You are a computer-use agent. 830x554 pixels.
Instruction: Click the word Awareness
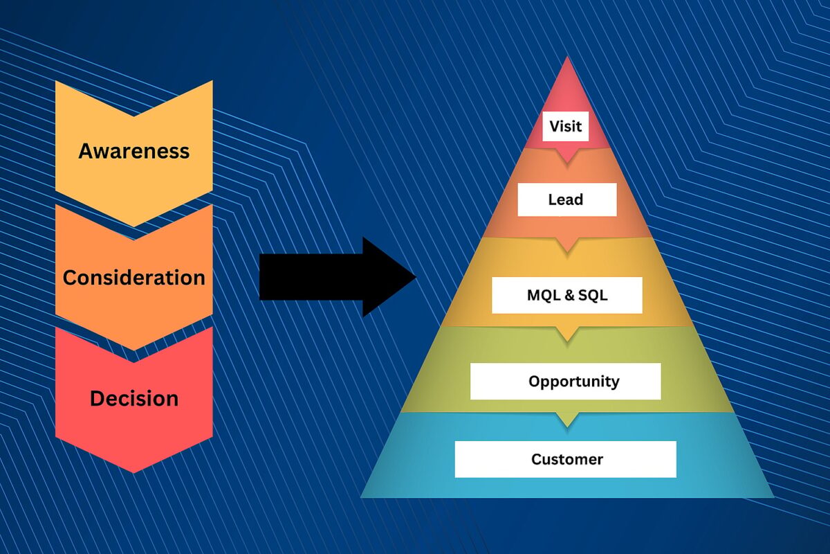click(133, 152)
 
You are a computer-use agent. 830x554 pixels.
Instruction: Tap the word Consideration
click(133, 278)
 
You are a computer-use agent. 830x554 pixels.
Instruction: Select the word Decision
click(134, 398)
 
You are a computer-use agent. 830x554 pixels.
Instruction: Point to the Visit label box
click(566, 126)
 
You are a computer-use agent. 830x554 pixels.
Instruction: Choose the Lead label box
click(567, 199)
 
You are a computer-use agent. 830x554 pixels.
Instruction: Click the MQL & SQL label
click(567, 296)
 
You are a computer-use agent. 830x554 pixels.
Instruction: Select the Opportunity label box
click(566, 382)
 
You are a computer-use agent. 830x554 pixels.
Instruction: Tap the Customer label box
click(566, 459)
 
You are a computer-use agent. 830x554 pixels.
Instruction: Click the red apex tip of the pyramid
click(567, 57)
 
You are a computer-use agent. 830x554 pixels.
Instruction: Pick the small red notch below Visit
click(566, 157)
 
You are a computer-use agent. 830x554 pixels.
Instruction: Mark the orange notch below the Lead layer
click(566, 245)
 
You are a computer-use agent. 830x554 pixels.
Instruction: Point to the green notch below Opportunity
click(567, 420)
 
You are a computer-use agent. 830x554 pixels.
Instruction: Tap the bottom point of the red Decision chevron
click(133, 473)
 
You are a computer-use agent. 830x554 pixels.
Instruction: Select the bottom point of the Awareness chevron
click(133, 226)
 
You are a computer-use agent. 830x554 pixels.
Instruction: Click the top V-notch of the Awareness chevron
click(133, 116)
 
